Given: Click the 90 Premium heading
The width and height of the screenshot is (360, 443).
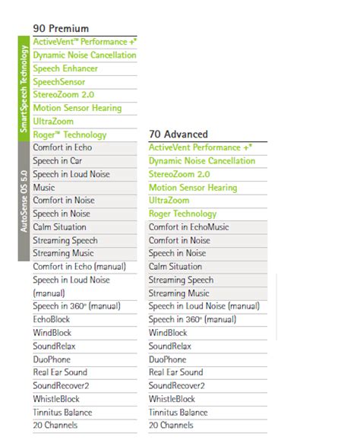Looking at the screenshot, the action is pyautogui.click(x=61, y=28).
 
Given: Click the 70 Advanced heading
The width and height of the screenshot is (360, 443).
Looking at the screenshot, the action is pyautogui.click(x=179, y=134).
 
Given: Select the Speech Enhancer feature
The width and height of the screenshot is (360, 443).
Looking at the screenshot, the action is pyautogui.click(x=66, y=68).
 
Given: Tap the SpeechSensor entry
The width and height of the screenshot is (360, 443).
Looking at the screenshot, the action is pyautogui.click(x=59, y=82).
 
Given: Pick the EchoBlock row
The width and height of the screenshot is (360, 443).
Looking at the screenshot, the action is pyautogui.click(x=51, y=320).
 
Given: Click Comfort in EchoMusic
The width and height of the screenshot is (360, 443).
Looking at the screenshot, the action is pyautogui.click(x=189, y=227).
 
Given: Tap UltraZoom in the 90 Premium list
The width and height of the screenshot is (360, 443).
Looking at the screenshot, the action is pyautogui.click(x=53, y=122).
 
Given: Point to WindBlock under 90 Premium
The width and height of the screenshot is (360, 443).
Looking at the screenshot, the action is pyautogui.click(x=52, y=333).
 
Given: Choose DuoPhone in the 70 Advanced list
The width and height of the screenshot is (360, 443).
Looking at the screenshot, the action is pyautogui.click(x=168, y=359).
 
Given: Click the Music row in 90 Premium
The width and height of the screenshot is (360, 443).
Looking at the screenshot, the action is pyautogui.click(x=44, y=188).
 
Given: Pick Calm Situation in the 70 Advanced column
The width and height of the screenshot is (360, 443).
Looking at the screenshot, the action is pyautogui.click(x=175, y=267).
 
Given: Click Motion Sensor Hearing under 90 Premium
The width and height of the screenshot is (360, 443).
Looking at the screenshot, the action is pyautogui.click(x=77, y=108).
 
